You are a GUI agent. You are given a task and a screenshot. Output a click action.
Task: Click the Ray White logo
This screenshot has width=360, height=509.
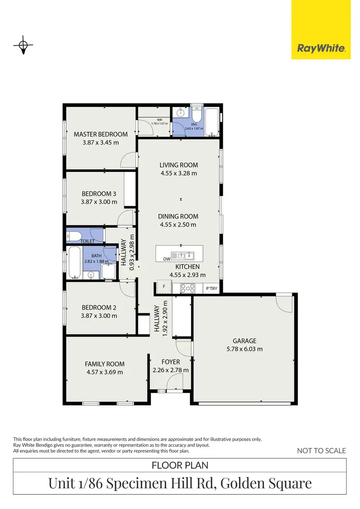point(321,48)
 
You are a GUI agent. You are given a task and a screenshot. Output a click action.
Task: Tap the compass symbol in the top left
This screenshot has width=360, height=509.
point(23,46)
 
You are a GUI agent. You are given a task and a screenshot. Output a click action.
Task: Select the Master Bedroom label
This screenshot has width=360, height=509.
point(100,134)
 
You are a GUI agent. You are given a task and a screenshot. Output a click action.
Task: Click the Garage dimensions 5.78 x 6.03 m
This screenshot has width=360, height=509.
point(245,349)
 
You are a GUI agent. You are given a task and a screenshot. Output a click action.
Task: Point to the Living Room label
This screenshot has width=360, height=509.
point(179,165)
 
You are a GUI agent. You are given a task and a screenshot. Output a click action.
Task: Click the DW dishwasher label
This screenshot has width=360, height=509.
point(167,258)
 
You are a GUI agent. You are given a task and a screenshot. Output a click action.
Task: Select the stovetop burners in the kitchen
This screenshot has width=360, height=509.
point(187,289)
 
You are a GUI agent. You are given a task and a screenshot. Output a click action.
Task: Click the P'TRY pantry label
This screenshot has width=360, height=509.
point(211,289)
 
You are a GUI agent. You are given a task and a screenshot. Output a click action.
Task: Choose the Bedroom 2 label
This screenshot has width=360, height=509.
point(99,307)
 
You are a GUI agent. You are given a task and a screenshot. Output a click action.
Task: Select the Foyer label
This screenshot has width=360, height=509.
point(170,362)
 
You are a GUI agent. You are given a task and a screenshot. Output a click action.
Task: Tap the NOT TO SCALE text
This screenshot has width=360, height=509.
point(321,450)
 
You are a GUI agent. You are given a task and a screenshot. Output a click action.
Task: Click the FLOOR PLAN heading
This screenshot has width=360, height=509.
point(180,465)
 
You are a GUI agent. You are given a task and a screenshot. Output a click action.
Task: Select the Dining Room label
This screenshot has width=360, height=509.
point(179,217)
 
